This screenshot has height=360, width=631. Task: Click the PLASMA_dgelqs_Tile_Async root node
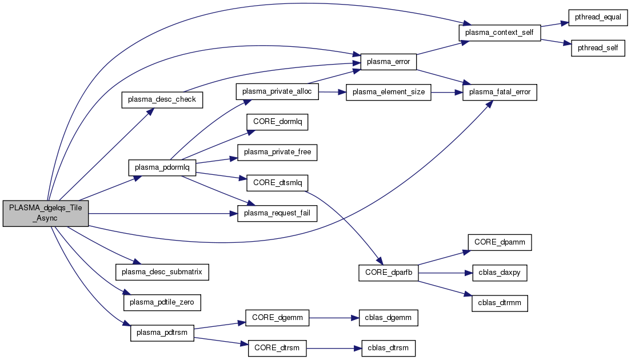tap(46, 214)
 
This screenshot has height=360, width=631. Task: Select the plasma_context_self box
tap(500, 33)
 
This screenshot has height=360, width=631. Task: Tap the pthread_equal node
tap(597, 17)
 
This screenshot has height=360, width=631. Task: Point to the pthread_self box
tap(597, 48)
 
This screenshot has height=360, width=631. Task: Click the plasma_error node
tap(389, 61)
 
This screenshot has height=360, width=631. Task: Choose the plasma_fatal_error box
tap(500, 92)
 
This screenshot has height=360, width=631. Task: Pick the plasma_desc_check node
tap(162, 99)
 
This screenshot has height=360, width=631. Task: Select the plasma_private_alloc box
tap(277, 91)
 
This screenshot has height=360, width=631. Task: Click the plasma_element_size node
tap(389, 92)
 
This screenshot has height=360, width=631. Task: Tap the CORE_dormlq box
tap(277, 122)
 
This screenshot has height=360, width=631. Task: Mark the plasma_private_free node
tap(277, 152)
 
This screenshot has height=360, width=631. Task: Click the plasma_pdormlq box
tap(162, 168)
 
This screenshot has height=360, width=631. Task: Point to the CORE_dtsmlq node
tap(277, 183)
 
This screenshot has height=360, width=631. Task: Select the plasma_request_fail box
tap(277, 214)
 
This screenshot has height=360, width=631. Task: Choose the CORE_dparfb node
tap(389, 273)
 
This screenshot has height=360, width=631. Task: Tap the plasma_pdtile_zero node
tap(162, 302)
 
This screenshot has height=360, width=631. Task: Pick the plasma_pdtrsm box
tap(162, 333)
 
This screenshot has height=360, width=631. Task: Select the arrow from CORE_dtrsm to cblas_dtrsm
tap(334, 348)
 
